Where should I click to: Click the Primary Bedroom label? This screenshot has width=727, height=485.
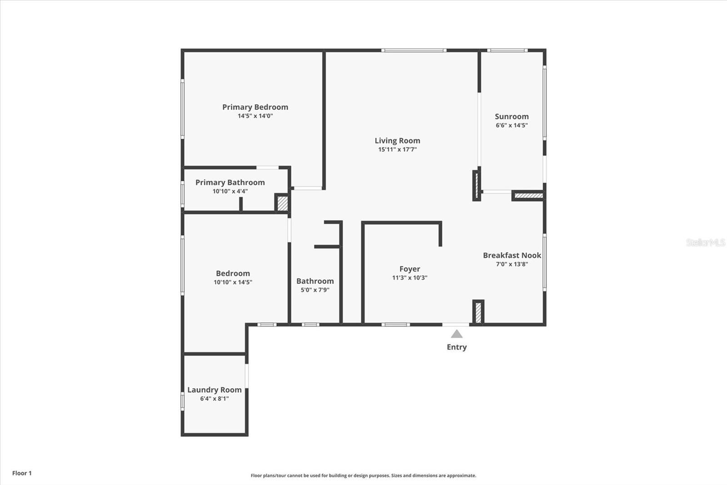point(255,107)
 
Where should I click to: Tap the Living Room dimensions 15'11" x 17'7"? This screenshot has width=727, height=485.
point(397,149)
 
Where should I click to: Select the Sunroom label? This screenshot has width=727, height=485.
point(512,116)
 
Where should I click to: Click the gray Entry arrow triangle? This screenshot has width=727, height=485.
point(457,334)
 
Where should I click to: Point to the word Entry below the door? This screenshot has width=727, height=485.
point(457,347)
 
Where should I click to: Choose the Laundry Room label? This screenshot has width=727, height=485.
point(214,390)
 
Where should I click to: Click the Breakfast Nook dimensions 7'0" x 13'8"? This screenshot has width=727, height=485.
point(512,264)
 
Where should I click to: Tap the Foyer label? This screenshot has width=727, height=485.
point(409,269)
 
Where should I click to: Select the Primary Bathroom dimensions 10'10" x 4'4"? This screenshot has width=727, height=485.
point(230,191)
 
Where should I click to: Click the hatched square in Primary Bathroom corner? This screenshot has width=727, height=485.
point(282,203)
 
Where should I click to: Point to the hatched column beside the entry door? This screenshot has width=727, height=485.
point(478,313)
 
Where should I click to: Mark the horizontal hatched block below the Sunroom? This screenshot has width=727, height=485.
point(528,196)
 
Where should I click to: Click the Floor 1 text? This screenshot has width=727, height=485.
point(22,473)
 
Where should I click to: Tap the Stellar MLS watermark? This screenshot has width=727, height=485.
point(705,242)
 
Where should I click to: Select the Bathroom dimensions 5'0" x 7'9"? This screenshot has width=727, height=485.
point(315,290)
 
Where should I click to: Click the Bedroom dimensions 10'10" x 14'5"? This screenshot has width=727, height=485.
point(233,282)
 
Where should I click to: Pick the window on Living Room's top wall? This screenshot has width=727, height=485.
point(413,51)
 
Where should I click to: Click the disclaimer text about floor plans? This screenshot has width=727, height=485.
point(363,475)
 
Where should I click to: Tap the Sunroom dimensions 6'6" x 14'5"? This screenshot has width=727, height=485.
point(512,125)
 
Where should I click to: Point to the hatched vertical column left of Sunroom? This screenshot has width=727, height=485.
point(476,185)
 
